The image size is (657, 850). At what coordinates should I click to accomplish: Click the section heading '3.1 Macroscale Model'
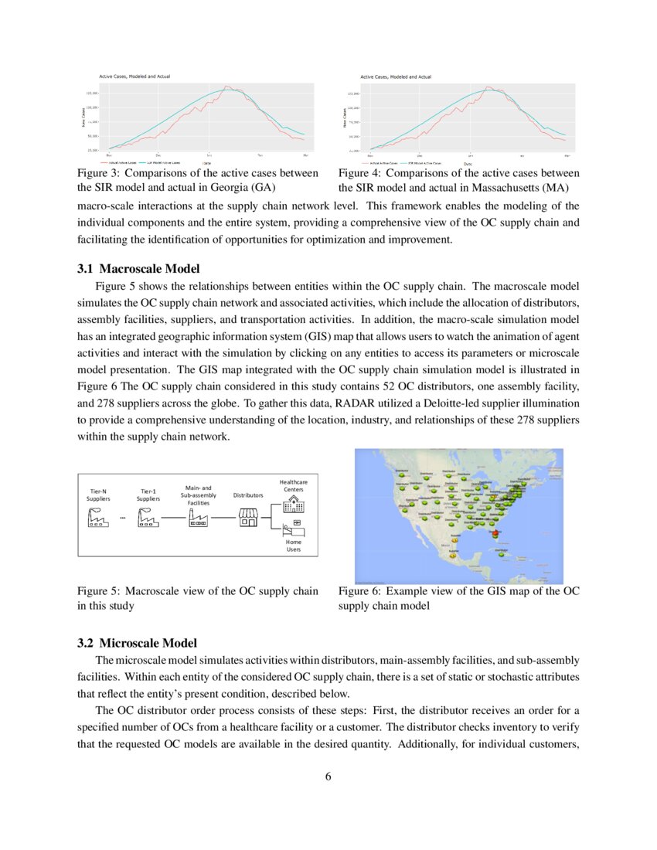(x=138, y=269)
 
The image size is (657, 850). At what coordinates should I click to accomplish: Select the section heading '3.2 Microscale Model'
(x=137, y=643)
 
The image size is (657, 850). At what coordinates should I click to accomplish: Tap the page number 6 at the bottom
(x=328, y=777)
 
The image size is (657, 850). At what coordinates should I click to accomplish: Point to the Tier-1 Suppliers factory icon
(x=148, y=518)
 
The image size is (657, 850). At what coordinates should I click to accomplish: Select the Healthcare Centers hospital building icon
(x=293, y=504)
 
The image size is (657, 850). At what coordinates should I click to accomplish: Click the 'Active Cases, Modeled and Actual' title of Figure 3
(x=134, y=76)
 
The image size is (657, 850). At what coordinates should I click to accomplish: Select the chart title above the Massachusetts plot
(x=396, y=76)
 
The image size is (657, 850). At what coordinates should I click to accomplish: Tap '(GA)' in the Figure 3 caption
(x=260, y=187)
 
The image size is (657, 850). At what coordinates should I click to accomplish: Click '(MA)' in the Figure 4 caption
(x=555, y=187)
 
